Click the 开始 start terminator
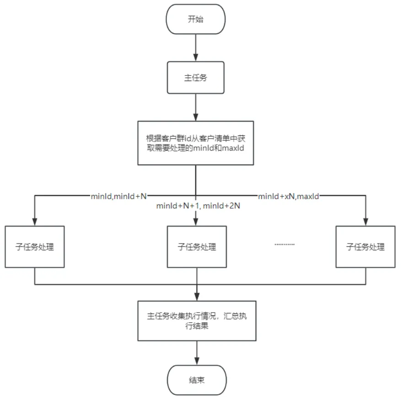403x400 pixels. click(196, 20)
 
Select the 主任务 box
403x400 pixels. click(196, 77)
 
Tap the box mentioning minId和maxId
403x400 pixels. click(196, 143)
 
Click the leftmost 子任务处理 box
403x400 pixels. click(35, 247)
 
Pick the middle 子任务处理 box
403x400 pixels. click(196, 247)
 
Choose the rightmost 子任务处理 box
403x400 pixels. click(365, 247)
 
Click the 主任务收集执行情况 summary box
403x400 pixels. click(196, 321)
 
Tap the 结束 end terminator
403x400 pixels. click(196, 380)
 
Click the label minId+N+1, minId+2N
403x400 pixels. click(199, 206)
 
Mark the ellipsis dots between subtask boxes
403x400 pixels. click(285, 244)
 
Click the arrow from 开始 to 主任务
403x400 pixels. click(196, 49)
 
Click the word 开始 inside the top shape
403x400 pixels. click(196, 20)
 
